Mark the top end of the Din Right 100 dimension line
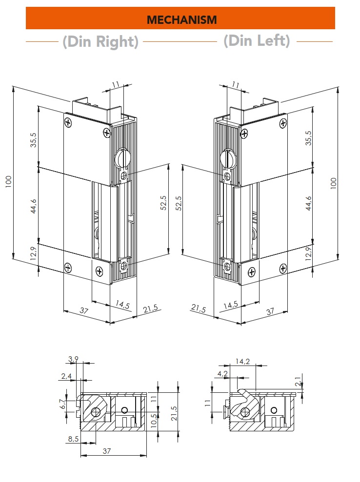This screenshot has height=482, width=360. coord(13,86)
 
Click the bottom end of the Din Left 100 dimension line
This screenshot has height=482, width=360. coord(338,259)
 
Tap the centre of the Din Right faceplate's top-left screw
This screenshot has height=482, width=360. coord(68,123)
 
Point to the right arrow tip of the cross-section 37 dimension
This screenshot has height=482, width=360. coord(146,455)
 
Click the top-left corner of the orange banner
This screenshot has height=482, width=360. coord(26,7)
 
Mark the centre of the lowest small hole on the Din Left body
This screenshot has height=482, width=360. coord(227,266)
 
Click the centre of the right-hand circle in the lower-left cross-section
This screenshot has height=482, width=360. coord(124,410)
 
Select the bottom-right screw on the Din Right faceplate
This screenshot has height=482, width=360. coord(99,271)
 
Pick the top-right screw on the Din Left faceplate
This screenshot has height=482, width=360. coord(283,124)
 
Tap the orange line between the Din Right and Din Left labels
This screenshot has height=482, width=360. coord(180,41)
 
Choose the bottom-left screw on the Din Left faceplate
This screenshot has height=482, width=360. coord(252,272)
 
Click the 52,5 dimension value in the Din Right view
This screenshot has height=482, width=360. coord(163,203)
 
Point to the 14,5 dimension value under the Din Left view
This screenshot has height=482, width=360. coord(231,305)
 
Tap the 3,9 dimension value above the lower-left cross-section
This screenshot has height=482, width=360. coord(73,359)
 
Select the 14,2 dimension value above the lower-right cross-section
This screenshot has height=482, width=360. coord(243,361)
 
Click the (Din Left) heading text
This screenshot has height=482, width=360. coord(257,41)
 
